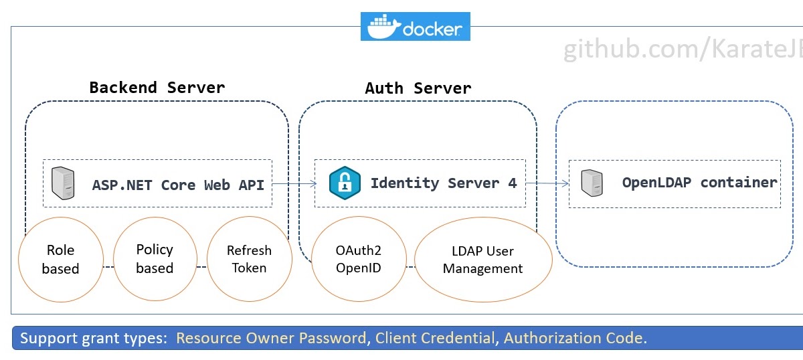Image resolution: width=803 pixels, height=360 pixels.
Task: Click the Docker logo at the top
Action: coord(415,27)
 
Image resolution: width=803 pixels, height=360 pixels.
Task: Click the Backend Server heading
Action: coord(157,88)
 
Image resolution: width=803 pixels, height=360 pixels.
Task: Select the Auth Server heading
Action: coord(418,88)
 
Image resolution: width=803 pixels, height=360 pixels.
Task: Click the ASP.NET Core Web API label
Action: coord(178,185)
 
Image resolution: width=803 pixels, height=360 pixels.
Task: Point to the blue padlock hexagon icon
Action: coord(345,183)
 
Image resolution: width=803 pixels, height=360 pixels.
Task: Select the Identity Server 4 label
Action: coord(444,183)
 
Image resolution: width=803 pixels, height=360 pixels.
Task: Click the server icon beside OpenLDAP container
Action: coord(592,182)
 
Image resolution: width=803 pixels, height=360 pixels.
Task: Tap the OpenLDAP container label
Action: coord(699,183)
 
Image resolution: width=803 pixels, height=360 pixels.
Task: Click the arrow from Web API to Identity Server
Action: coord(294,183)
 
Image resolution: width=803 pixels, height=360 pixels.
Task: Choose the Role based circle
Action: coord(60,260)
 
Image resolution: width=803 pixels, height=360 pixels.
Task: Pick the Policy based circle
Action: coord(155,259)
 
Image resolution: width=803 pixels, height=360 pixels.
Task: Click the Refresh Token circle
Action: coord(249,260)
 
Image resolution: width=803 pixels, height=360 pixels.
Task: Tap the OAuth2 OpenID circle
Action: coord(359,260)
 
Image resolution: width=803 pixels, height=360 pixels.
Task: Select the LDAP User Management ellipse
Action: coord(482,260)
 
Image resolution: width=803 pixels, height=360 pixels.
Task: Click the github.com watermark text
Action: coord(683,50)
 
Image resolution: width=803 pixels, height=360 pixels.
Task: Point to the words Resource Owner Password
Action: coord(271,338)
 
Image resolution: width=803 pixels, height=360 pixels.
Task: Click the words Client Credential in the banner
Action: coord(434,338)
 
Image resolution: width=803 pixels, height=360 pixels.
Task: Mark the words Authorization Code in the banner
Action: coord(575,338)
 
